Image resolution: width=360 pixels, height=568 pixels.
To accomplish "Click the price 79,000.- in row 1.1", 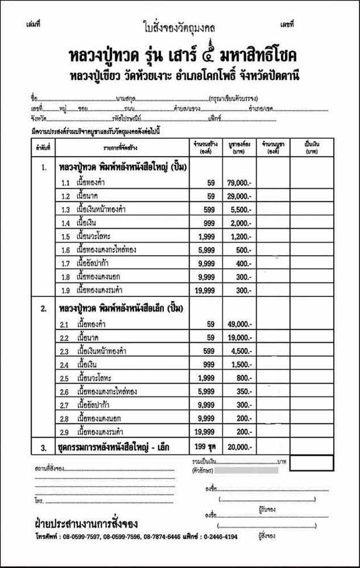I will (239, 183).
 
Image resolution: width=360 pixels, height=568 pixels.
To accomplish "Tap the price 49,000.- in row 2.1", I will (239, 323).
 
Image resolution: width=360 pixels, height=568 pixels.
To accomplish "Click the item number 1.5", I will (66, 236).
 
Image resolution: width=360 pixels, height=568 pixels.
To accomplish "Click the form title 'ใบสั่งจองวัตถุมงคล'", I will (179, 26).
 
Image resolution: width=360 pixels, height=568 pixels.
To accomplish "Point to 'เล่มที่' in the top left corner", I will (33, 24).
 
